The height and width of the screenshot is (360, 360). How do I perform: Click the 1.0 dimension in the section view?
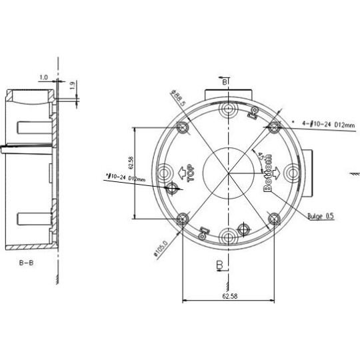tap(44, 78)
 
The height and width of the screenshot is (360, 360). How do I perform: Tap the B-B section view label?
tap(27, 263)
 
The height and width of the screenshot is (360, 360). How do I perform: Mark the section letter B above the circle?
tap(225, 81)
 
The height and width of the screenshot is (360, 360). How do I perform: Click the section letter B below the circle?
tap(219, 265)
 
